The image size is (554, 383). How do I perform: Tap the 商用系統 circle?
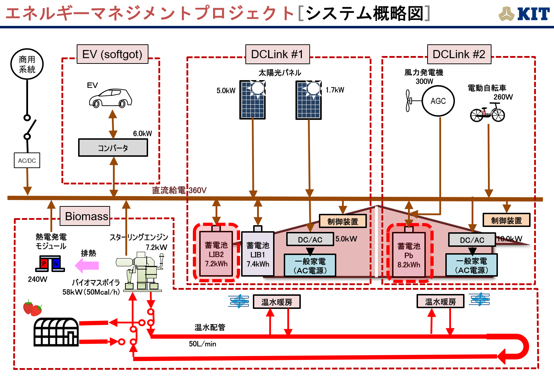27,64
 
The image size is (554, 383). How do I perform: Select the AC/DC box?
27,160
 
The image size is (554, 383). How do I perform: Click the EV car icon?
110,98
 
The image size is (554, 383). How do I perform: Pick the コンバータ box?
113,148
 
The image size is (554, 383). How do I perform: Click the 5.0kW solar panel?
252,100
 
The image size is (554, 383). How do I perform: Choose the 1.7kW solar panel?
309,100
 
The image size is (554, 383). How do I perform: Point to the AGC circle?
438,101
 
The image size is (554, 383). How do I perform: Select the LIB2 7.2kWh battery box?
216,254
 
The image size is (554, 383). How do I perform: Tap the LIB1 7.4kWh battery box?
258,254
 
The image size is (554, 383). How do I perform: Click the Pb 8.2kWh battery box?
409,255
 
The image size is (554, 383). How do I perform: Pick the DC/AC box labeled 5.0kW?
310,240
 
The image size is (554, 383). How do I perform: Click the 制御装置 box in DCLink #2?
506,220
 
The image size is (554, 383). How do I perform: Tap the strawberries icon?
32,308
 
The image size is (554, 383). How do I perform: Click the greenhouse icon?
56,332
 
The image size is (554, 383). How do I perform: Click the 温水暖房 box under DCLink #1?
277,302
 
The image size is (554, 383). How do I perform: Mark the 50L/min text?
202,344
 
